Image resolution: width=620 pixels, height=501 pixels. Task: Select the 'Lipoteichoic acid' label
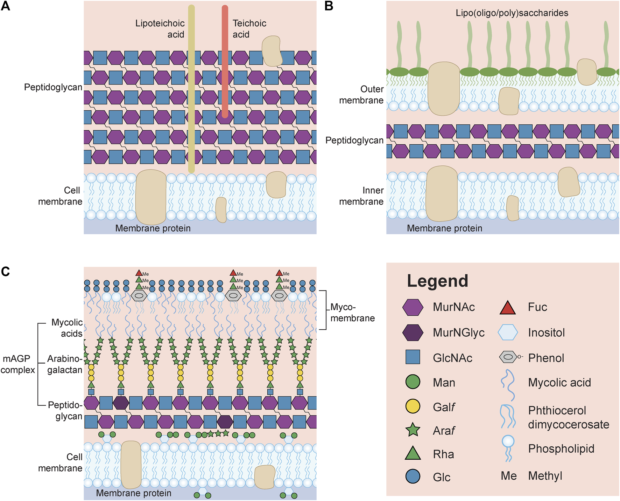pyautogui.click(x=160, y=29)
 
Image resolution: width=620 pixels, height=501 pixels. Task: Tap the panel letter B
pyautogui.click(x=329, y=6)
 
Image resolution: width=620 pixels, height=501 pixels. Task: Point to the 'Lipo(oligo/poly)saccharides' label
pyautogui.click(x=512, y=13)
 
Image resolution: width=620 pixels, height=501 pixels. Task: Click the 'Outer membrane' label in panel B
pyautogui.click(x=361, y=95)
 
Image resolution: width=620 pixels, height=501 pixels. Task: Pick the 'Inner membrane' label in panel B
pyautogui.click(x=361, y=196)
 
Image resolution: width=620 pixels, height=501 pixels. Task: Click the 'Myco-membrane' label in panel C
pyautogui.click(x=352, y=313)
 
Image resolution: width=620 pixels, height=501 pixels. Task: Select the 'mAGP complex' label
pyautogui.click(x=17, y=364)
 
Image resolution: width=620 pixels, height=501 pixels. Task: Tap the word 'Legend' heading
pyautogui.click(x=437, y=281)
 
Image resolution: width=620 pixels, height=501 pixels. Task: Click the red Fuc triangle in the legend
pyautogui.click(x=507, y=308)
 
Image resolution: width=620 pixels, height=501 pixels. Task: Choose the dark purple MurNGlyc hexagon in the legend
pyautogui.click(x=413, y=332)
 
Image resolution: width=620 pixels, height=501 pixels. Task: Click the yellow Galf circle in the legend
pyautogui.click(x=413, y=406)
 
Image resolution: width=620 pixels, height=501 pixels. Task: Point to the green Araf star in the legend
pyautogui.click(x=413, y=430)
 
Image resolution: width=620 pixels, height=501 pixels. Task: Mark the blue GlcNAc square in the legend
pyautogui.click(x=413, y=357)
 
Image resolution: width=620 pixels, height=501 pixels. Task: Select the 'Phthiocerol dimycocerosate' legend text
pyautogui.click(x=568, y=417)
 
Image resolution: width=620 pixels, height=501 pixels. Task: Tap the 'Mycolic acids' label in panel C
pyautogui.click(x=67, y=328)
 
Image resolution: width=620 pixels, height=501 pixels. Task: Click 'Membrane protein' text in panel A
pyautogui.click(x=153, y=228)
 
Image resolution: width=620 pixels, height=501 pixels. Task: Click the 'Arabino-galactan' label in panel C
pyautogui.click(x=65, y=364)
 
